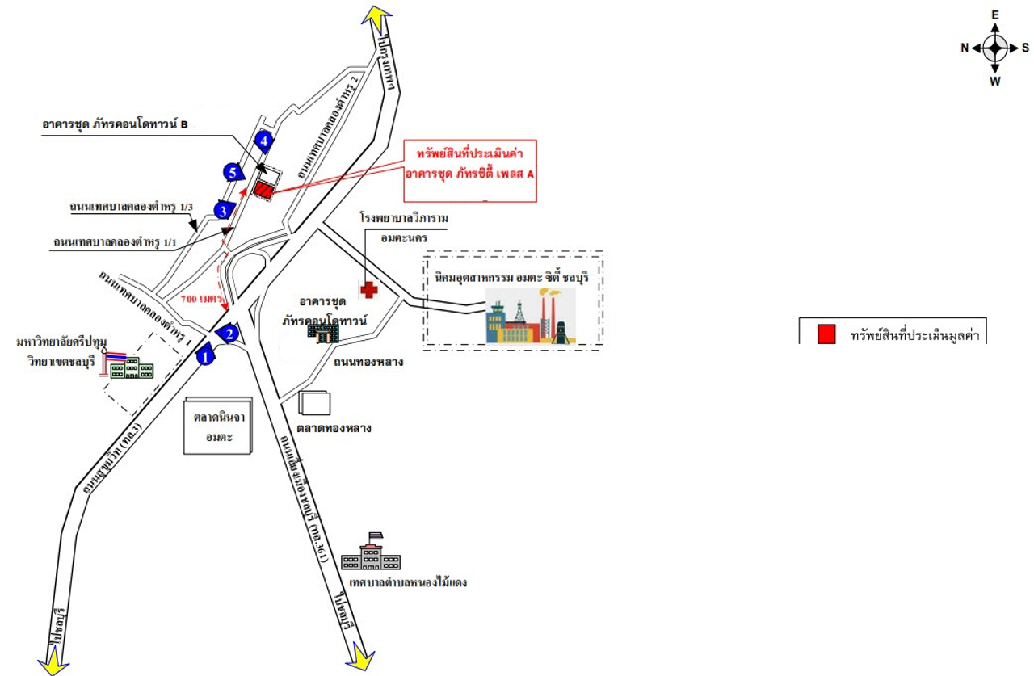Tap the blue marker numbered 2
(x=230, y=332)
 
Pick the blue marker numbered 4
(x=263, y=141)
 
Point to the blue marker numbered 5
(x=233, y=172)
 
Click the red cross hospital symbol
(x=369, y=290)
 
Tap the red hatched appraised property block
(x=264, y=189)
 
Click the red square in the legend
(x=826, y=334)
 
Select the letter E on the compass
(x=995, y=15)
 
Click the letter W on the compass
(x=995, y=80)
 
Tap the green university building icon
(x=129, y=370)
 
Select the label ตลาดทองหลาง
(x=333, y=428)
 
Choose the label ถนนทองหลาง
(x=368, y=362)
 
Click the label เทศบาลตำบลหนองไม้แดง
(x=404, y=582)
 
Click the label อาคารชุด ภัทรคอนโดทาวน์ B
(x=115, y=125)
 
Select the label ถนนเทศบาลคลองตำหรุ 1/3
(x=131, y=208)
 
